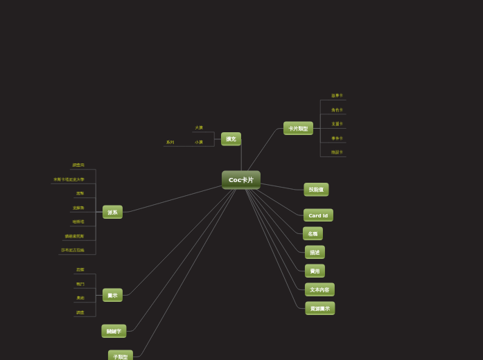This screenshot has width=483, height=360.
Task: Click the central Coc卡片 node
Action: point(241,180)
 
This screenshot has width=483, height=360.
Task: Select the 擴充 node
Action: point(231,139)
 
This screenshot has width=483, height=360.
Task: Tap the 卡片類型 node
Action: point(298,129)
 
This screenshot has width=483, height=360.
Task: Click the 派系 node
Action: point(112,213)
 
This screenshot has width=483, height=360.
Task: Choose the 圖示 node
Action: point(112,296)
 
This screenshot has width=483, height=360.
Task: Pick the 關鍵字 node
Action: point(114,332)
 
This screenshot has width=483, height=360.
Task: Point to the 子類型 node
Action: point(121,357)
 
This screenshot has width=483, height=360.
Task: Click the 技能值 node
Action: point(316,190)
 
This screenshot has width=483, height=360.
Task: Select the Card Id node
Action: point(318,215)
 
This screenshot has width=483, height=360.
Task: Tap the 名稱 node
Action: point(313,234)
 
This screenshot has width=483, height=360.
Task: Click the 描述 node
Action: point(315,253)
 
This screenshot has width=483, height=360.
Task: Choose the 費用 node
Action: point(315,271)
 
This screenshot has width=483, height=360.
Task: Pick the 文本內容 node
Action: point(319,290)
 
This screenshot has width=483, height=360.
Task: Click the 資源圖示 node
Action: point(319,309)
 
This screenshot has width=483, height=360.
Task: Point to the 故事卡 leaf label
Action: point(337,96)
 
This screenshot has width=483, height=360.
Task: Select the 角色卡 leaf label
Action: point(337,110)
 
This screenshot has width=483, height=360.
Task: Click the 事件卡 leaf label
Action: point(337,138)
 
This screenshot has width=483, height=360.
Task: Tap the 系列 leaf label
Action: point(170,143)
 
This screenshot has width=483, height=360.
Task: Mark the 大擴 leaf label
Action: point(199,128)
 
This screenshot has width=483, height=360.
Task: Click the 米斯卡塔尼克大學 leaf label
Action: point(69,179)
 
